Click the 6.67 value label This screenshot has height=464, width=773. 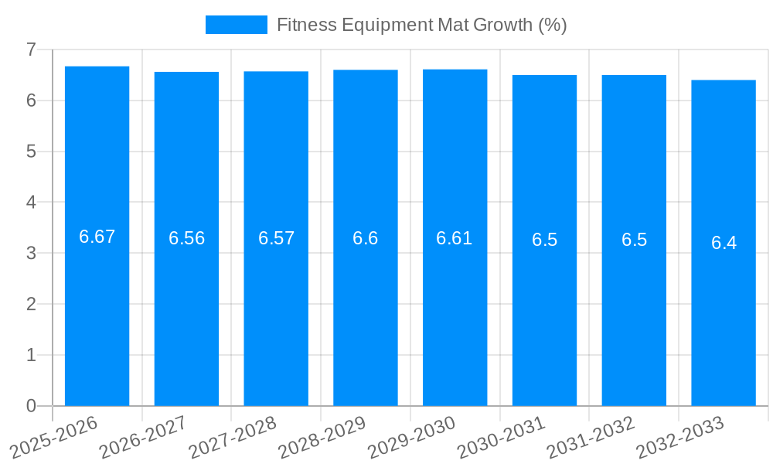point(97,237)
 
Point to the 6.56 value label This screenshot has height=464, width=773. point(187,238)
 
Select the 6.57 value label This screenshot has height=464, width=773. point(277,238)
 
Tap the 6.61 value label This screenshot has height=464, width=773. point(455,238)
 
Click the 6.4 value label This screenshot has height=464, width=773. point(724,243)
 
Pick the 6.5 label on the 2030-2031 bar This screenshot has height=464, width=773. point(544,240)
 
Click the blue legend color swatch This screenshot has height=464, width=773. point(236,25)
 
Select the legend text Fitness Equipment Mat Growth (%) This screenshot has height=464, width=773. point(421,25)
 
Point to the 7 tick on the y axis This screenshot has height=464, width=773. point(31,49)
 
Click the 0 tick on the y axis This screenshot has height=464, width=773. point(31,406)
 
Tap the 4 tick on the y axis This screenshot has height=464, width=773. point(31,202)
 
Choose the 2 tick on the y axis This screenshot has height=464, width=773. point(31,304)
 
